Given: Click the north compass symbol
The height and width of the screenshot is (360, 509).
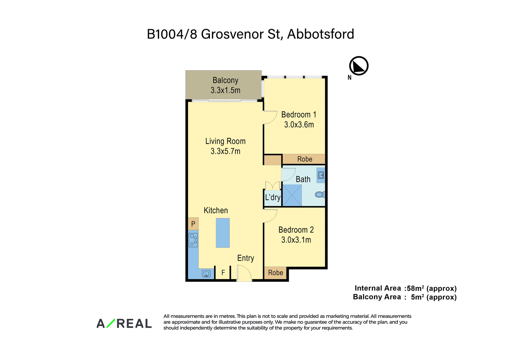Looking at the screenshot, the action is (359, 66).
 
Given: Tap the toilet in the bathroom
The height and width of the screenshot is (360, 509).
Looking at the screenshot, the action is (320, 194).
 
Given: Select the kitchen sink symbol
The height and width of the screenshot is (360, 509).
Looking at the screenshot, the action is (206, 274).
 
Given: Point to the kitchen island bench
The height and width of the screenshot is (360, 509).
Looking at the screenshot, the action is (223, 233).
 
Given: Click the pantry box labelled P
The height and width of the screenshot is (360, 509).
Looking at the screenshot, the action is (193, 224).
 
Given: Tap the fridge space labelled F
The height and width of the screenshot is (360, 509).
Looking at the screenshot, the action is (223, 272).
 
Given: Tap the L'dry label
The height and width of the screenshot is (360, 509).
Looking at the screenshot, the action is (273, 197).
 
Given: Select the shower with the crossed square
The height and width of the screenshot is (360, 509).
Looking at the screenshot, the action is (292, 195).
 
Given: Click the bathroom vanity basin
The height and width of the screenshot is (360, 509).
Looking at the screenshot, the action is (321, 175).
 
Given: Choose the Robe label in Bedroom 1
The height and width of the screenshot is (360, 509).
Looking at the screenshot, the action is (304, 159).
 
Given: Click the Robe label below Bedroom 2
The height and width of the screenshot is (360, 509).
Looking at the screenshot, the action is (275, 273).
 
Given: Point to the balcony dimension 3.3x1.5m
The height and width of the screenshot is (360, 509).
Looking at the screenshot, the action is (225, 90).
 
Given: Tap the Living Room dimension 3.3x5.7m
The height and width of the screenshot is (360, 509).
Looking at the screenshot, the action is (225, 151).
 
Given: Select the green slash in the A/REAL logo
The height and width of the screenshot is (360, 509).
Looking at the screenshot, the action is (111, 323).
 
